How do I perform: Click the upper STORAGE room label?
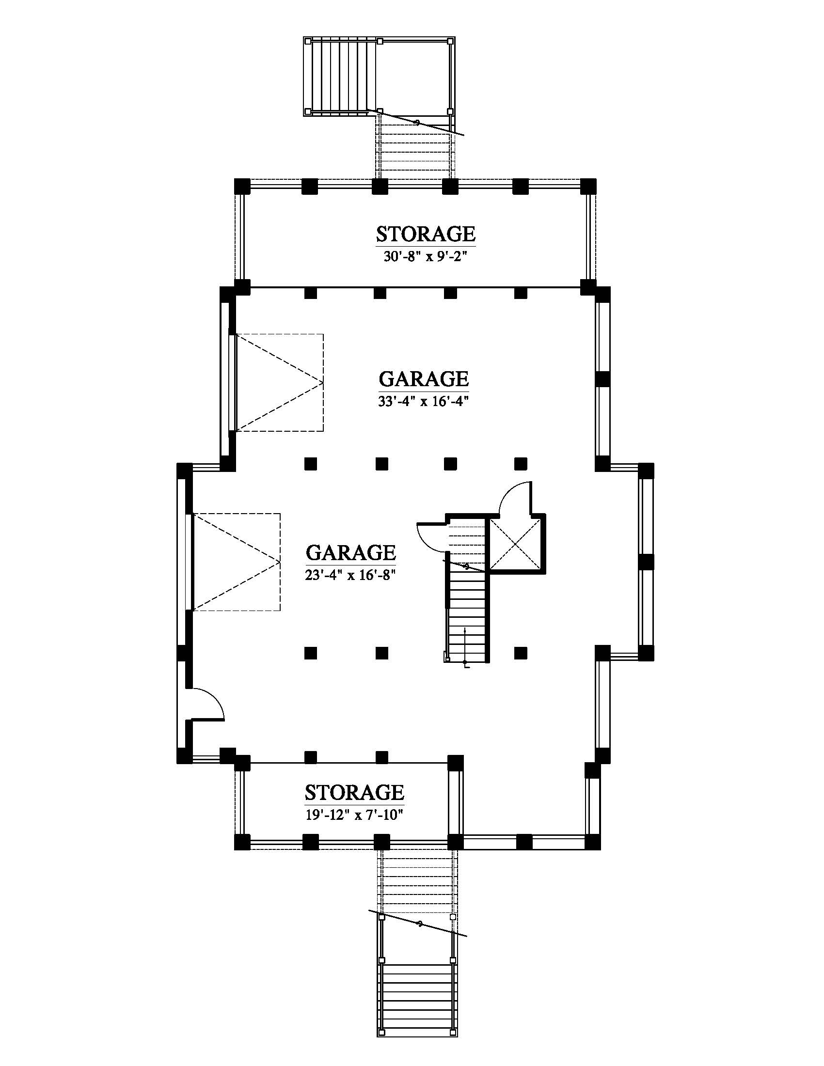(425, 234)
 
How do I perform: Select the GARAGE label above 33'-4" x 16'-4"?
(424, 379)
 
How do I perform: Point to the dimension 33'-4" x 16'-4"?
(423, 401)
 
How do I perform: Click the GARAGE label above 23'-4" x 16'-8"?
(350, 552)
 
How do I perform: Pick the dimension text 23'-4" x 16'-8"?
(350, 575)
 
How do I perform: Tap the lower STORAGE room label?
(354, 792)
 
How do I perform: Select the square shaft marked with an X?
(515, 544)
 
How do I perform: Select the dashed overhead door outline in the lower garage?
(237, 562)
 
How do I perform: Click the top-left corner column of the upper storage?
(242, 187)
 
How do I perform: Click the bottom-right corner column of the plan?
(593, 842)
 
